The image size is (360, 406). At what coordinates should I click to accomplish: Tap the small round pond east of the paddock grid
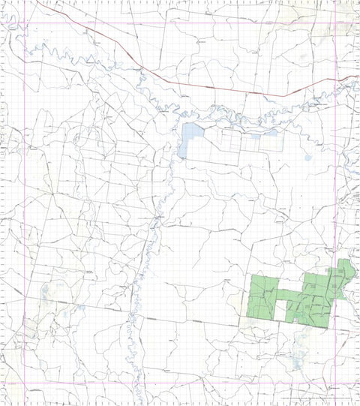coord(308,157)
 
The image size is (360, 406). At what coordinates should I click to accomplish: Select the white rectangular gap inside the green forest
coord(281,310)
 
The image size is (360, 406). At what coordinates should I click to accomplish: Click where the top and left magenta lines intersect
coord(26,22)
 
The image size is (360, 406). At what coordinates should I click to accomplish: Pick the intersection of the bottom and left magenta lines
coord(26,384)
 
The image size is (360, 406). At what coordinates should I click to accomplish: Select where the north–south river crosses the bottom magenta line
coord(137,384)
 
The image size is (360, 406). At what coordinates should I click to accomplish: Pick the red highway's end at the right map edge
coord(358,76)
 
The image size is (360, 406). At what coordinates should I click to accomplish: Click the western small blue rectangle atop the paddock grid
coord(250,133)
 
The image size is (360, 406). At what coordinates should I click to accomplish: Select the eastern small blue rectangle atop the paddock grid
coord(272,132)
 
